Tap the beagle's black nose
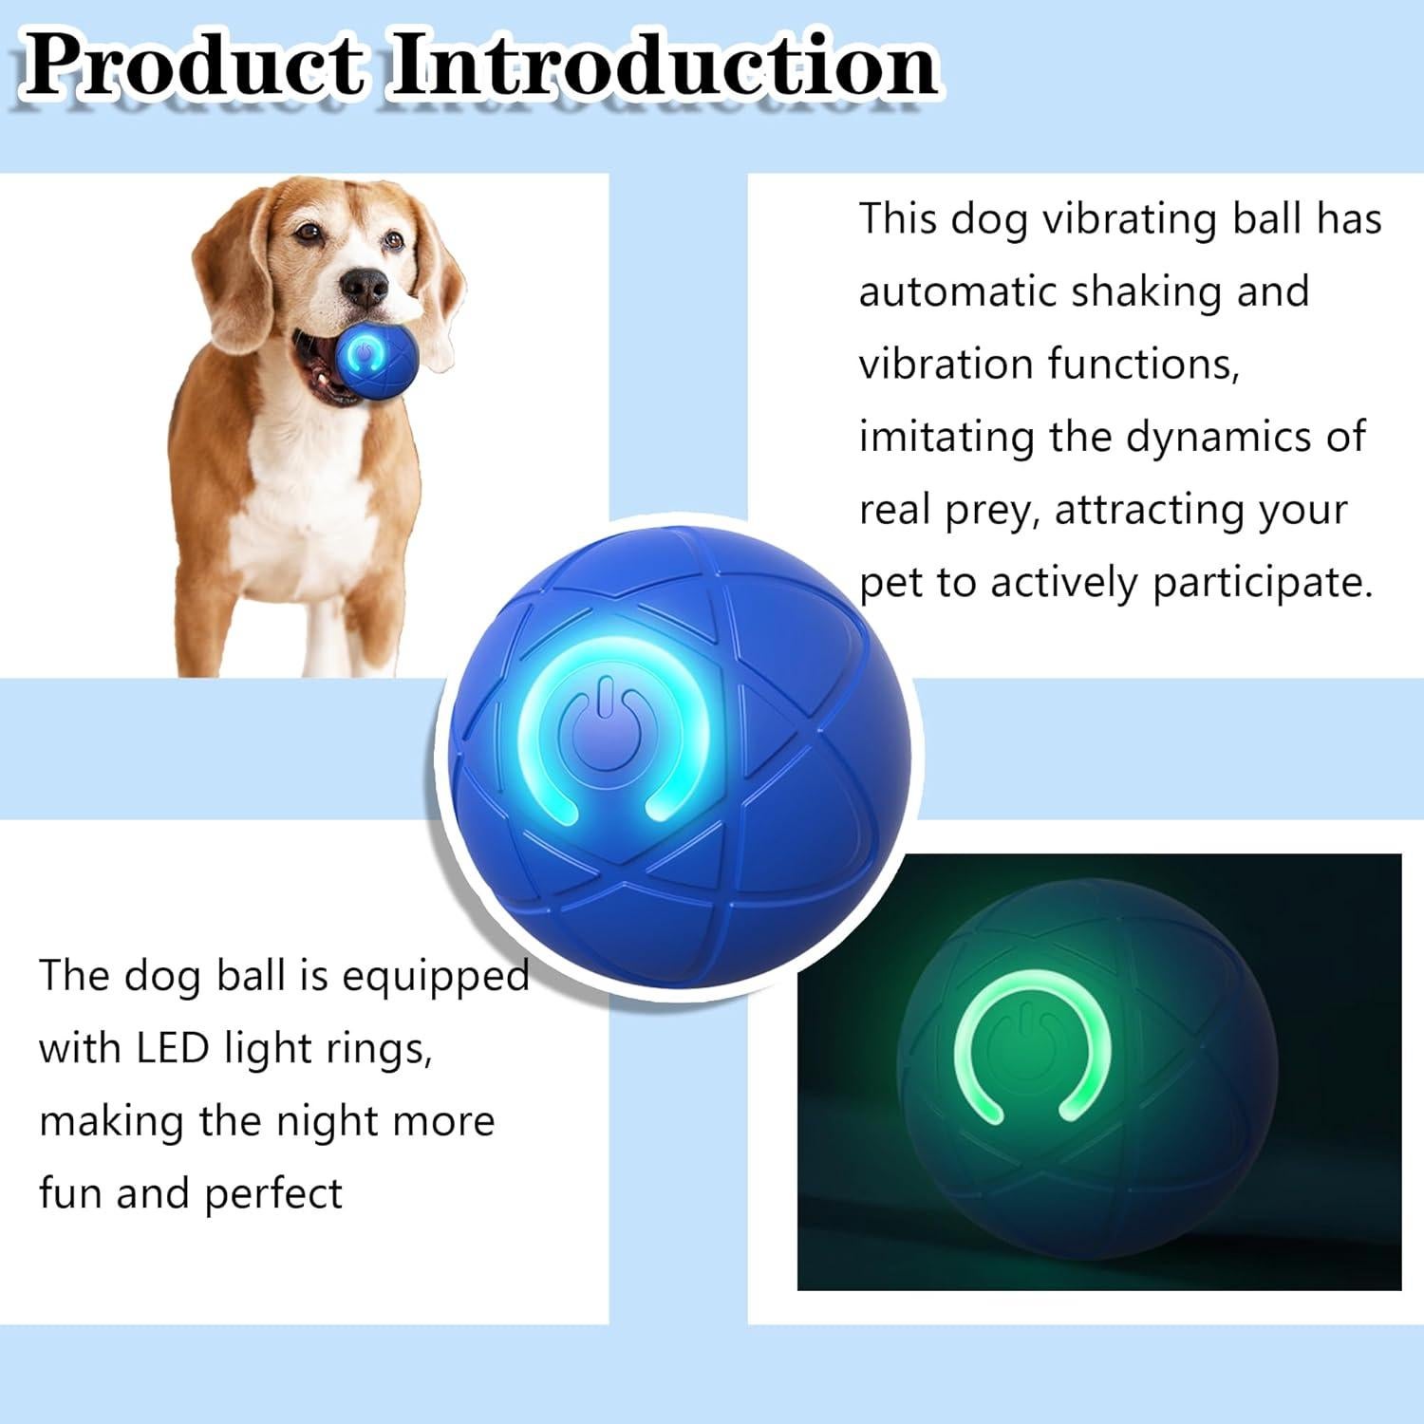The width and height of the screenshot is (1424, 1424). pos(366,285)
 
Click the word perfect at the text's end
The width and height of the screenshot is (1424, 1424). pos(273,1194)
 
